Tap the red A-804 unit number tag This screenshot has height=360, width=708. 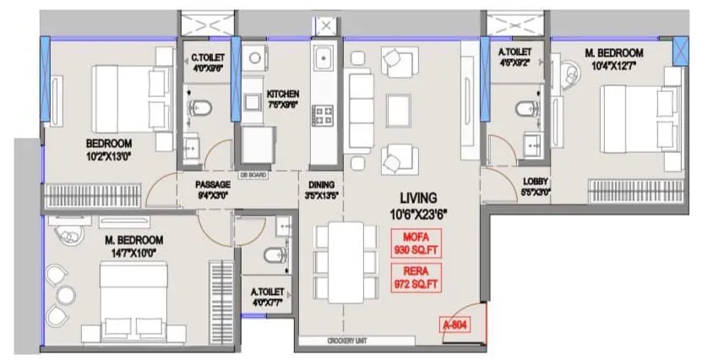tap(455, 324)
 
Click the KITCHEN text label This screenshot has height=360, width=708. tap(283, 94)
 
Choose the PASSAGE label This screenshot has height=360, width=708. tap(212, 184)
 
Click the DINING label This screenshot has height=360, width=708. tap(321, 184)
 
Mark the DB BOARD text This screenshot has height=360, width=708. tap(253, 175)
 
